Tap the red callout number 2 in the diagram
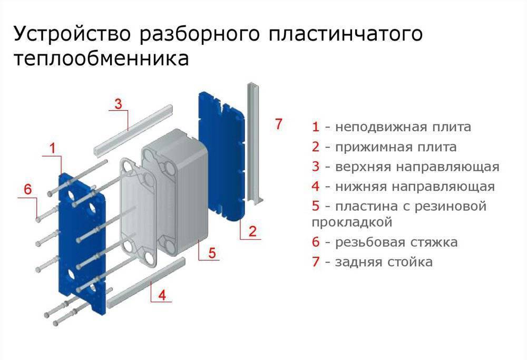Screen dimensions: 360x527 click(x=252, y=230)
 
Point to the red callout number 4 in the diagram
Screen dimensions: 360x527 click(x=162, y=295)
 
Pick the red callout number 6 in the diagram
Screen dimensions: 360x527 click(x=28, y=189)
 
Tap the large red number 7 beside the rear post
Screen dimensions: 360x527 click(x=279, y=124)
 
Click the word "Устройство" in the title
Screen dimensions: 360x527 click(x=72, y=35)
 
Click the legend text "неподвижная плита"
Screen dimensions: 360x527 click(x=403, y=127)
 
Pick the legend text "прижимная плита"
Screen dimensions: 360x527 click(x=396, y=147)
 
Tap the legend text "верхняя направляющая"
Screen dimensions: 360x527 click(x=417, y=167)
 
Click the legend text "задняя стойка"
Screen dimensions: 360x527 click(x=384, y=262)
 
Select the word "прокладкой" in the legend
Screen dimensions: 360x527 click(x=352, y=222)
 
